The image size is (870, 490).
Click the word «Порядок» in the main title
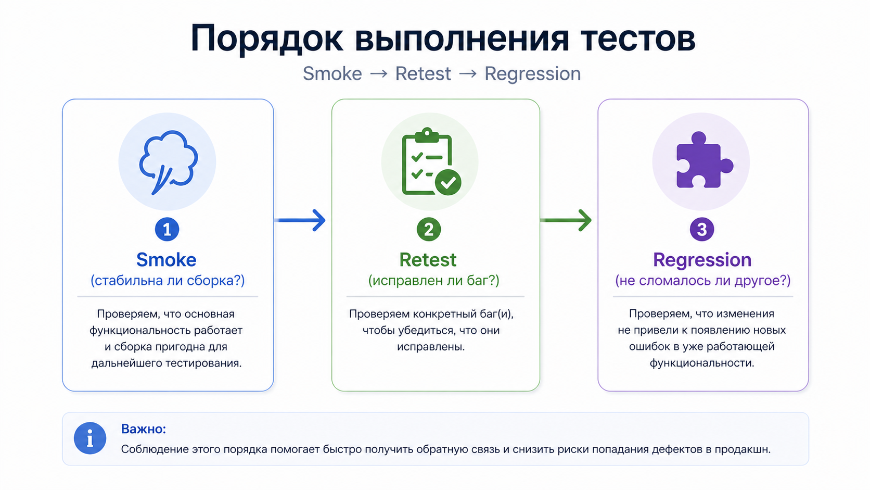point(267,39)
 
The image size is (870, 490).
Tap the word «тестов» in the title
point(637,39)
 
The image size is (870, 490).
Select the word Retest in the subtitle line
point(423,74)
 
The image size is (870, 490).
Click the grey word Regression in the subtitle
point(532,74)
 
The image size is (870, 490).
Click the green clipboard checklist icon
point(430,161)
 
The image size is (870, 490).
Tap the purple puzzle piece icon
point(702,160)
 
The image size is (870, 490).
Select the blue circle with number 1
point(167,229)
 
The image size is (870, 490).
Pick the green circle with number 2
point(429,229)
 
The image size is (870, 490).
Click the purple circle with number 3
point(702,229)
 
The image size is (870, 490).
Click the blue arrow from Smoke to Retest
point(300,220)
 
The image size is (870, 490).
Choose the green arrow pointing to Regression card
point(566,220)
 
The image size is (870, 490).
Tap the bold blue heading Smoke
point(167,259)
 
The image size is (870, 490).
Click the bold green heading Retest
point(428,259)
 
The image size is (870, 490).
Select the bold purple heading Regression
point(702,259)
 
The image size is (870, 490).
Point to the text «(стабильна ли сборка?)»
point(168,281)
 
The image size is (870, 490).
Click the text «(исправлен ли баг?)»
point(433,281)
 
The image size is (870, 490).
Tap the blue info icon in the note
point(90,438)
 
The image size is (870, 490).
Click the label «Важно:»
point(144,429)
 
